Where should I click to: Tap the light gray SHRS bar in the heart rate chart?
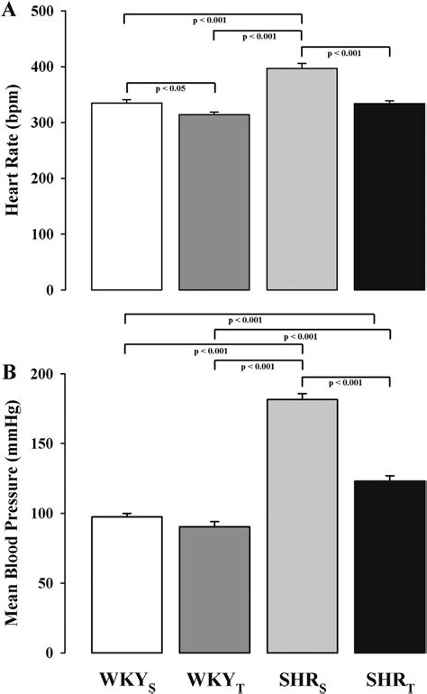(302, 179)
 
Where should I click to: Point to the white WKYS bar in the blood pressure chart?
(127, 585)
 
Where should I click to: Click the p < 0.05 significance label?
(170, 88)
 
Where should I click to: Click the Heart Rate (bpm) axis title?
(15, 151)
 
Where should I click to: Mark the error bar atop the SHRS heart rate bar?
(302, 65)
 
